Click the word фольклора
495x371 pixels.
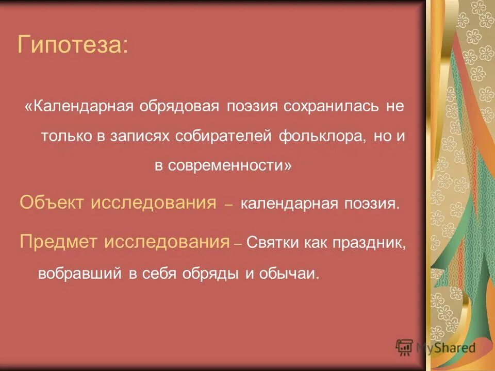[x=320, y=136]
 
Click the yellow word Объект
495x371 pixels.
[x=52, y=203]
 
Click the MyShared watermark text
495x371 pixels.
[x=445, y=347]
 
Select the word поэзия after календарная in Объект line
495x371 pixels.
[x=371, y=204]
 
